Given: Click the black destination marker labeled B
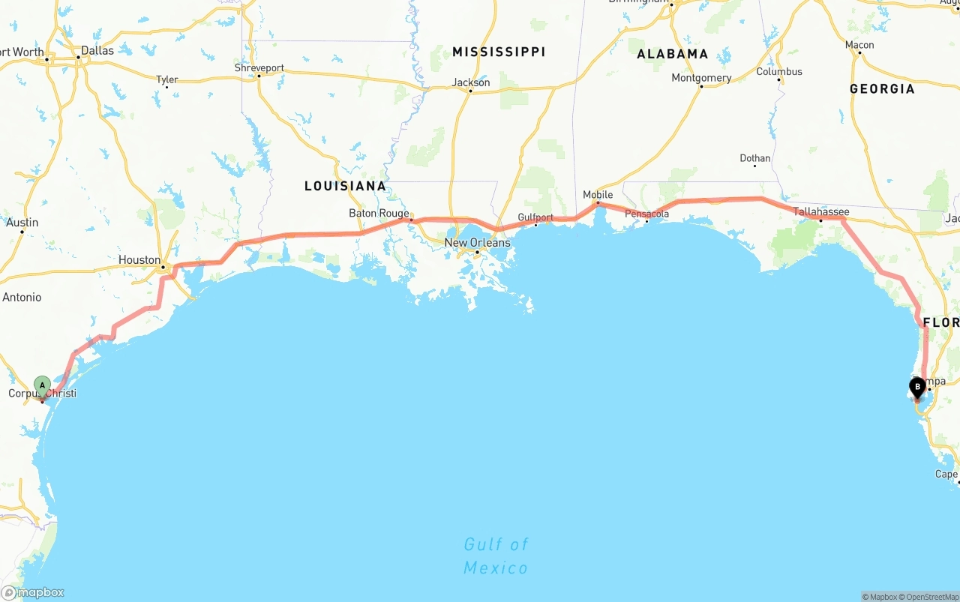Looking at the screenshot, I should coord(916,388).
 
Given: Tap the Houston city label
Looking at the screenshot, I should coord(139,260).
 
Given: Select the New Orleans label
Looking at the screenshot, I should coord(477,243).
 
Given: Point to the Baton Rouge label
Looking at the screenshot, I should coord(379,214).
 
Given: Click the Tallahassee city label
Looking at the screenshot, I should coord(821,212).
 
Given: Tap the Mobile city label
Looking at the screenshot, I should coord(598,195).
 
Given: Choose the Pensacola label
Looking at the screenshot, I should coord(646,214).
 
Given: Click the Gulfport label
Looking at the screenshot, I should coord(535,217).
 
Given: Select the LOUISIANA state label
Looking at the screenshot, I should coord(345,186).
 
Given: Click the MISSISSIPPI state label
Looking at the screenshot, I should coord(499,52).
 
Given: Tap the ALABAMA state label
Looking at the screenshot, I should coord(672,54).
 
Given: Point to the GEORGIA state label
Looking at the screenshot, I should coord(882,89).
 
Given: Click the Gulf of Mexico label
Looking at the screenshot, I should coord(496,556).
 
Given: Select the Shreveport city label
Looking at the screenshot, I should coord(259,68).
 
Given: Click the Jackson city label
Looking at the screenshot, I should coord(471,82).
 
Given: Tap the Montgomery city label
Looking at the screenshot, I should coord(701,78).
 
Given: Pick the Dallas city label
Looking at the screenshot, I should coord(97,51).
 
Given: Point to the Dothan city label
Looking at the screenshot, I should coord(754,158).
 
